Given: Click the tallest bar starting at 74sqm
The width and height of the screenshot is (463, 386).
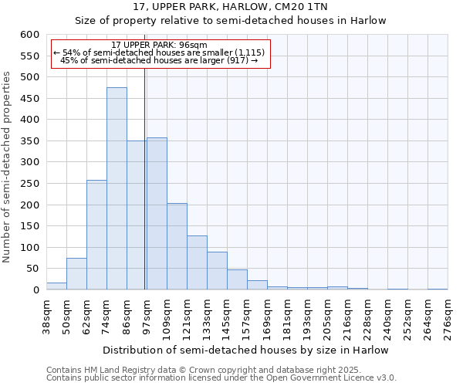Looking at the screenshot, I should tap(117, 188).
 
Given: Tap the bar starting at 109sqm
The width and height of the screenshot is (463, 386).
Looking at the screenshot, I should tap(177, 246).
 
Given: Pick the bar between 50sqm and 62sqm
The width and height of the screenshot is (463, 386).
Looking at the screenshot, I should tap(76, 274).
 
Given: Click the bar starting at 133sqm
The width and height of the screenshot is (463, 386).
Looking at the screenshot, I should tap(217, 271).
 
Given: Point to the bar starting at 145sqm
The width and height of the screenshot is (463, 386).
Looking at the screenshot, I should tap(237, 279).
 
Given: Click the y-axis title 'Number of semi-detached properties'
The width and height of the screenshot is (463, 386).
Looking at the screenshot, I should tap(8, 167).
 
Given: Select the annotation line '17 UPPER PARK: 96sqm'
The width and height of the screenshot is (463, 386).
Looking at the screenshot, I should tap(159, 46).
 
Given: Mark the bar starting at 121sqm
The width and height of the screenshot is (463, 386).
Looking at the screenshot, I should tap(197, 262).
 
